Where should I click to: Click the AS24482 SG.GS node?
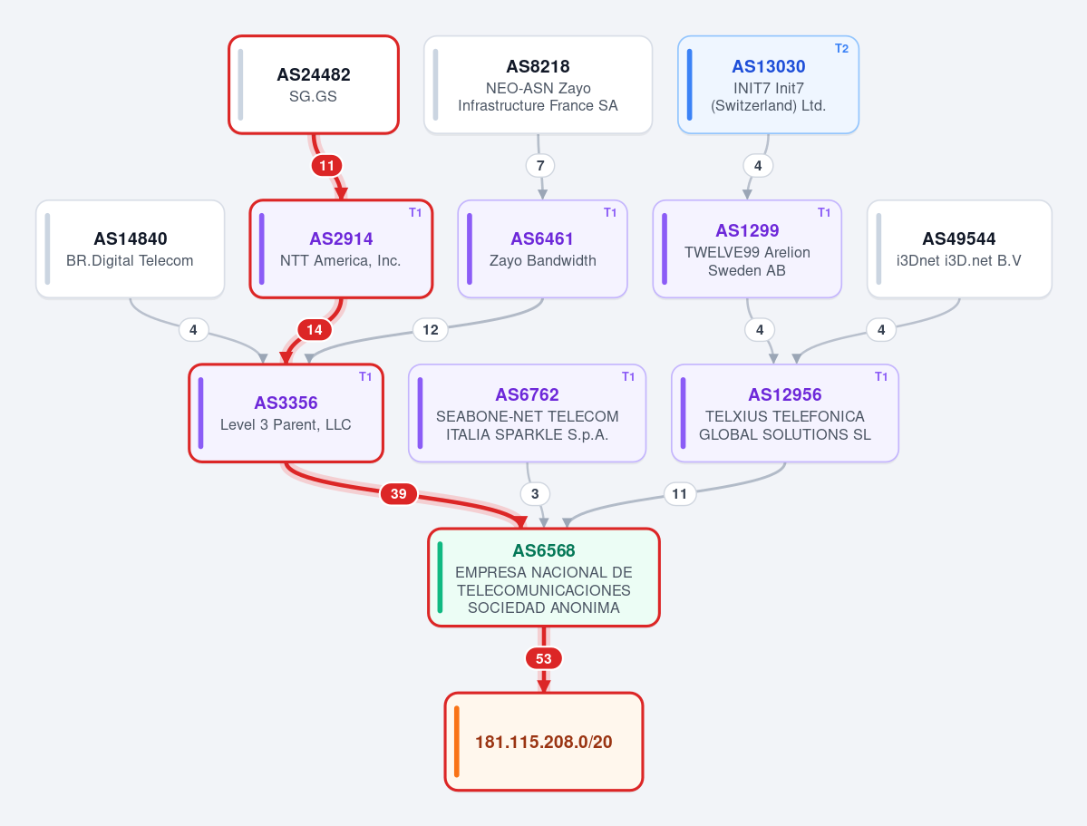(x=314, y=84)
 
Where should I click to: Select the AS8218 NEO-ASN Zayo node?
(x=538, y=84)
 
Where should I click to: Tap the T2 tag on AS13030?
(x=841, y=49)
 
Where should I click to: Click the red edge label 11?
(x=326, y=166)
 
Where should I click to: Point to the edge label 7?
(x=540, y=166)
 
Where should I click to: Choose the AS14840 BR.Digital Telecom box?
(x=131, y=249)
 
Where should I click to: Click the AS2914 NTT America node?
(x=341, y=249)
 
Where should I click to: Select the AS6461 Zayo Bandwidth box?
(x=542, y=249)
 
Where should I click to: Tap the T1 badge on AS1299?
(x=823, y=213)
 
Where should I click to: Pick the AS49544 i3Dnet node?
(x=959, y=249)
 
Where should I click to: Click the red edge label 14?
(x=314, y=329)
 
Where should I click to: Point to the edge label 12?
(x=431, y=329)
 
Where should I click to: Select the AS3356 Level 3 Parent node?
(x=286, y=413)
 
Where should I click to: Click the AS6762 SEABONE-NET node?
(x=527, y=413)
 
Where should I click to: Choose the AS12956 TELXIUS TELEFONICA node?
(x=785, y=413)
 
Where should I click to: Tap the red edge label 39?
(x=399, y=494)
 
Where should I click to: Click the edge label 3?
(x=535, y=494)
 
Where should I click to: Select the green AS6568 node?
(x=544, y=578)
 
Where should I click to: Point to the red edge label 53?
(x=544, y=658)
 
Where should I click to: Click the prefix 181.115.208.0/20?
(x=544, y=742)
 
